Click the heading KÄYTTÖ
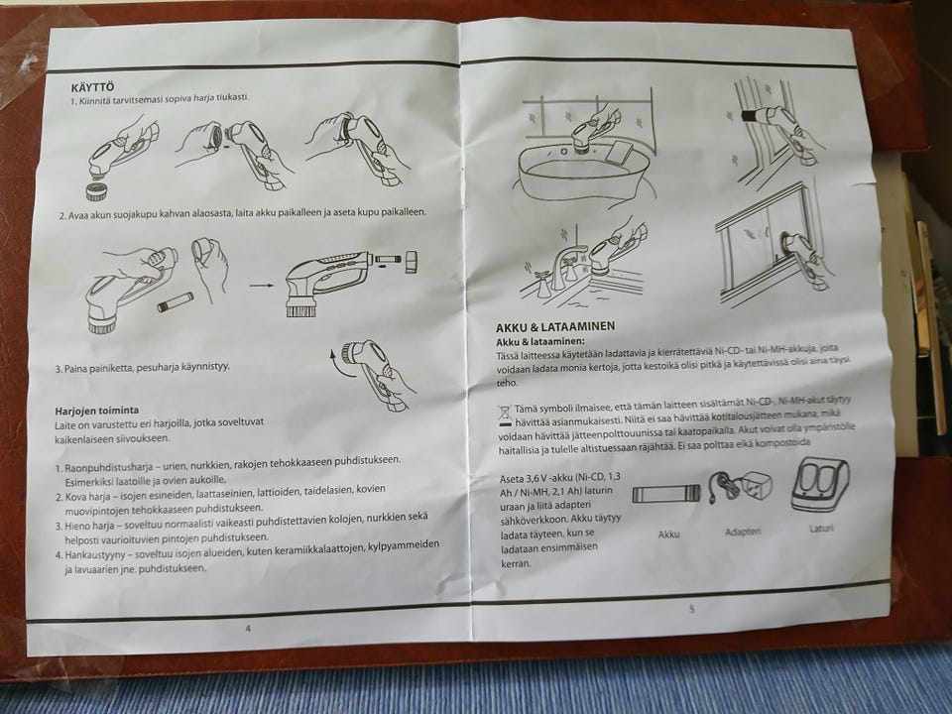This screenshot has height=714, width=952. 92,87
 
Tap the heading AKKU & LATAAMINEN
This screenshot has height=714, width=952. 555,326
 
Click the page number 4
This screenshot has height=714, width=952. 248,629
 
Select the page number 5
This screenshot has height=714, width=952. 691,609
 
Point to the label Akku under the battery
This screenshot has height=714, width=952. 668,535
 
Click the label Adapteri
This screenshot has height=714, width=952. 743,532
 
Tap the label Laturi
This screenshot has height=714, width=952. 821,529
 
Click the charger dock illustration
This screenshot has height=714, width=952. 820,485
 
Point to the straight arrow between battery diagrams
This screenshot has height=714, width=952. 262,285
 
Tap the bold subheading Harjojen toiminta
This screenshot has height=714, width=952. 96,411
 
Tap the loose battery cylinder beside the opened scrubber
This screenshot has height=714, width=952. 177,301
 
